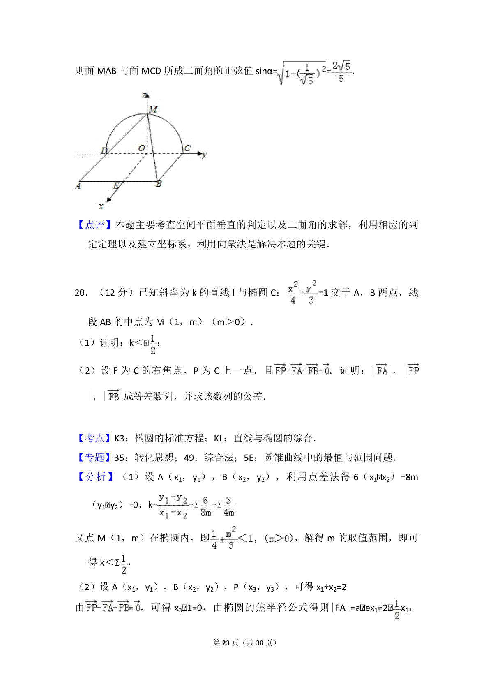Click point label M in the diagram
pyautogui.click(x=153, y=109)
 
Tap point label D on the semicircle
pyautogui.click(x=104, y=150)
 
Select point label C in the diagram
pyautogui.click(x=187, y=148)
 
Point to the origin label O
pyautogui.click(x=141, y=148)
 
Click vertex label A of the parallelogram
pyautogui.click(x=78, y=186)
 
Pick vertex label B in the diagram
pyautogui.click(x=159, y=184)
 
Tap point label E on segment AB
pyautogui.click(x=116, y=185)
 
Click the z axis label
pyautogui.click(x=145, y=95)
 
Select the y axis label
pyautogui.click(x=205, y=155)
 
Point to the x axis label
pyautogui.click(x=101, y=206)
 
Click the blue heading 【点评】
pyautogui.click(x=95, y=224)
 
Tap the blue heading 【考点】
pyautogui.click(x=95, y=438)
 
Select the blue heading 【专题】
pyautogui.click(x=95, y=457)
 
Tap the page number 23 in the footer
pyautogui.click(x=226, y=643)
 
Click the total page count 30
pyautogui.click(x=259, y=643)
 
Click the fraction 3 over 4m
pyautogui.click(x=228, y=506)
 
